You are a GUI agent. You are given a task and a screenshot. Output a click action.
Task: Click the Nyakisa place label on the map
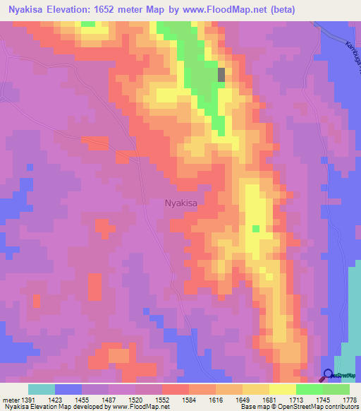tap(180, 203)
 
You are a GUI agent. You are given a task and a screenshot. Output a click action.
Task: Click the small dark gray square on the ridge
tap(222, 74)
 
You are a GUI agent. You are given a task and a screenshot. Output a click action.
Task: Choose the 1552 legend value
tap(162, 400)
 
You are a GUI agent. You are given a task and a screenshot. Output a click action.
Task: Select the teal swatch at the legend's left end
tap(42, 389)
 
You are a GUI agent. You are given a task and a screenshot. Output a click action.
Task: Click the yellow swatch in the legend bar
tap(283, 389)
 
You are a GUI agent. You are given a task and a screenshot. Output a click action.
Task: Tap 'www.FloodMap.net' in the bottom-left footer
tap(135, 407)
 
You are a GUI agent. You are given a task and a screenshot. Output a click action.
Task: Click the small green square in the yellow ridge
tap(255, 228)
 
